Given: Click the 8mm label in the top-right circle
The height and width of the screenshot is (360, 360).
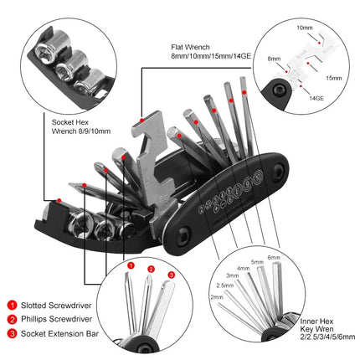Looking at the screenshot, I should (x=275, y=59).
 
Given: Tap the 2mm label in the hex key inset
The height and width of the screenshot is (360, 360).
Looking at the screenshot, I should (x=216, y=297).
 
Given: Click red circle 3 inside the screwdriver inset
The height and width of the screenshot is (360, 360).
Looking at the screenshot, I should (x=172, y=274).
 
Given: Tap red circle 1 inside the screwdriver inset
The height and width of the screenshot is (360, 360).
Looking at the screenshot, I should (x=130, y=266).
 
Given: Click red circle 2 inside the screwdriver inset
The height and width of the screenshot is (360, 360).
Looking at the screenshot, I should (x=151, y=269).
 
